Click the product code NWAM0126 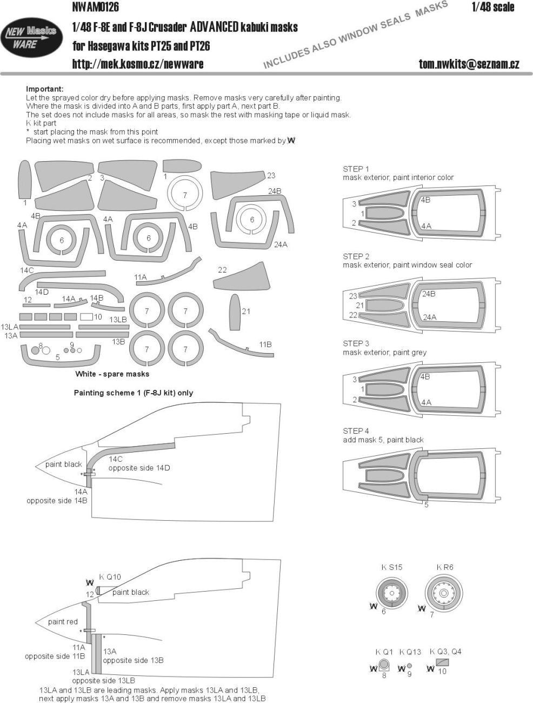point(95,7)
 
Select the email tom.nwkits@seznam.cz point(469,64)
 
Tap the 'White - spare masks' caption point(112,374)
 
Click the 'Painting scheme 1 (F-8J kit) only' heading point(133,393)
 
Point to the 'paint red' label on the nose point(63,621)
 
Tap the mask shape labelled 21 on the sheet point(234,312)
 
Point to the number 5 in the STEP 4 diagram point(427,505)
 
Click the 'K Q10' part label point(110,576)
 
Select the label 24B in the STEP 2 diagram point(429,294)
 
